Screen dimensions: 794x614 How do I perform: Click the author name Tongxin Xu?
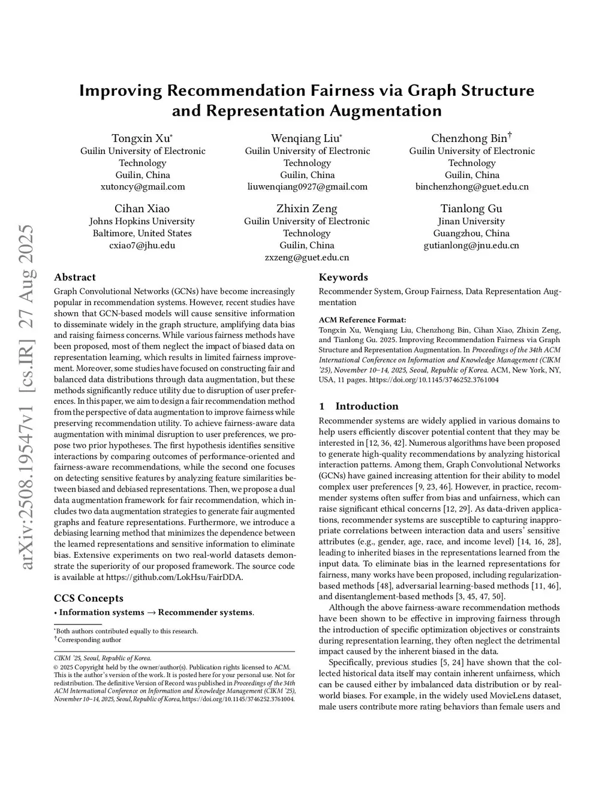tap(142, 138)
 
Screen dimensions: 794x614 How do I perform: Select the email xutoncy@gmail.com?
tap(143, 186)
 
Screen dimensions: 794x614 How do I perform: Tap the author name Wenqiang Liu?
tap(306, 138)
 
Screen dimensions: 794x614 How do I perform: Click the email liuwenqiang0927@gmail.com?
tap(307, 186)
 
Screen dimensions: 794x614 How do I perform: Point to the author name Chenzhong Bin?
tap(469, 138)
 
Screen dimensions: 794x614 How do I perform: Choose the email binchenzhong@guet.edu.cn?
tap(472, 186)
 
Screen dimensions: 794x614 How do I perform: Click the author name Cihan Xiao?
tap(142, 209)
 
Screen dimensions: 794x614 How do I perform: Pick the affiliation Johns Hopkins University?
tap(142, 221)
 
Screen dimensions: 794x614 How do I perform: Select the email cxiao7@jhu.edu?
tap(142, 245)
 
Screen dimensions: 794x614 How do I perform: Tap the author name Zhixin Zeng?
tap(307, 209)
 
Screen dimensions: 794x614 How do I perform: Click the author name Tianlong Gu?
tap(471, 209)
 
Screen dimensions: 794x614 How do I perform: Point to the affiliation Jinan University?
tap(471, 221)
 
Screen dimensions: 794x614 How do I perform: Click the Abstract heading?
tap(75, 277)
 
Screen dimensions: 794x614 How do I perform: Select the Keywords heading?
tap(344, 277)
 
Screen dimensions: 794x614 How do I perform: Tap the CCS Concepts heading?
tap(89, 598)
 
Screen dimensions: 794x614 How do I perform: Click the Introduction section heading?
tap(366, 406)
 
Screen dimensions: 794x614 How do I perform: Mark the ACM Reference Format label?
tap(362, 319)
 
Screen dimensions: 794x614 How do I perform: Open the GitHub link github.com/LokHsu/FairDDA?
tap(174, 577)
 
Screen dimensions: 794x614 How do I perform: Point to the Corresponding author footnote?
tap(89, 639)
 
